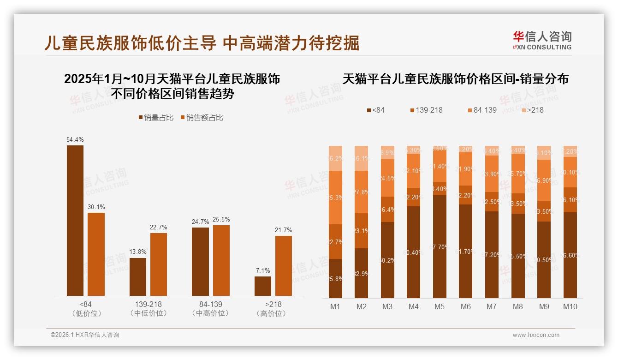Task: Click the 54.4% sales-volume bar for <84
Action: [75, 221]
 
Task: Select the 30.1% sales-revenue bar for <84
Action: [96, 254]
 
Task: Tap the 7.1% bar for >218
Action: [263, 286]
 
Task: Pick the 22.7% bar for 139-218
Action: [159, 264]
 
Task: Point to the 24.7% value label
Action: [200, 222]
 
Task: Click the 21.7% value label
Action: [284, 230]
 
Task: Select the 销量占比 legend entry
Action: [156, 118]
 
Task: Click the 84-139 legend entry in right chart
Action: [482, 110]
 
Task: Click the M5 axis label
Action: [440, 306]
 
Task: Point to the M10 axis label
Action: [570, 306]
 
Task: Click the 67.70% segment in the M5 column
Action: [440, 246]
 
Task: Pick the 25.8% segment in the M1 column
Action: [336, 278]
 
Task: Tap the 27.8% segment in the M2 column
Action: [362, 192]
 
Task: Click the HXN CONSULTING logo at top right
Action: [542, 41]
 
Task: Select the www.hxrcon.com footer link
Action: [536, 335]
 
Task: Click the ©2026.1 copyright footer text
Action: [85, 335]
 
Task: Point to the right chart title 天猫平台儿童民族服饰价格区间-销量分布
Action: [455, 79]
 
